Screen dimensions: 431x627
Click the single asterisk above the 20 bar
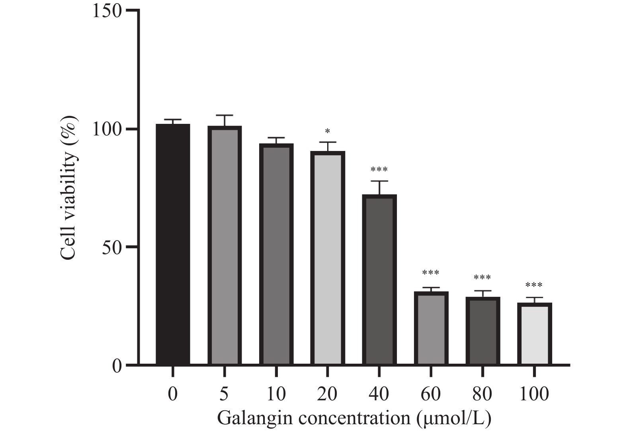327,131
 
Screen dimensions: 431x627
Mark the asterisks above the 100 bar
534,285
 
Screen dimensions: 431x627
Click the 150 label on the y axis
107,11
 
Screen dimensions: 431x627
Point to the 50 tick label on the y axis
111,247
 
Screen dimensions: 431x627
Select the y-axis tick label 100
107,129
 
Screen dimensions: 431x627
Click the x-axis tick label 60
431,394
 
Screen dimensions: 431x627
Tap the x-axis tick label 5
225,394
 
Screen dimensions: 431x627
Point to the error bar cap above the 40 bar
379,181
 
